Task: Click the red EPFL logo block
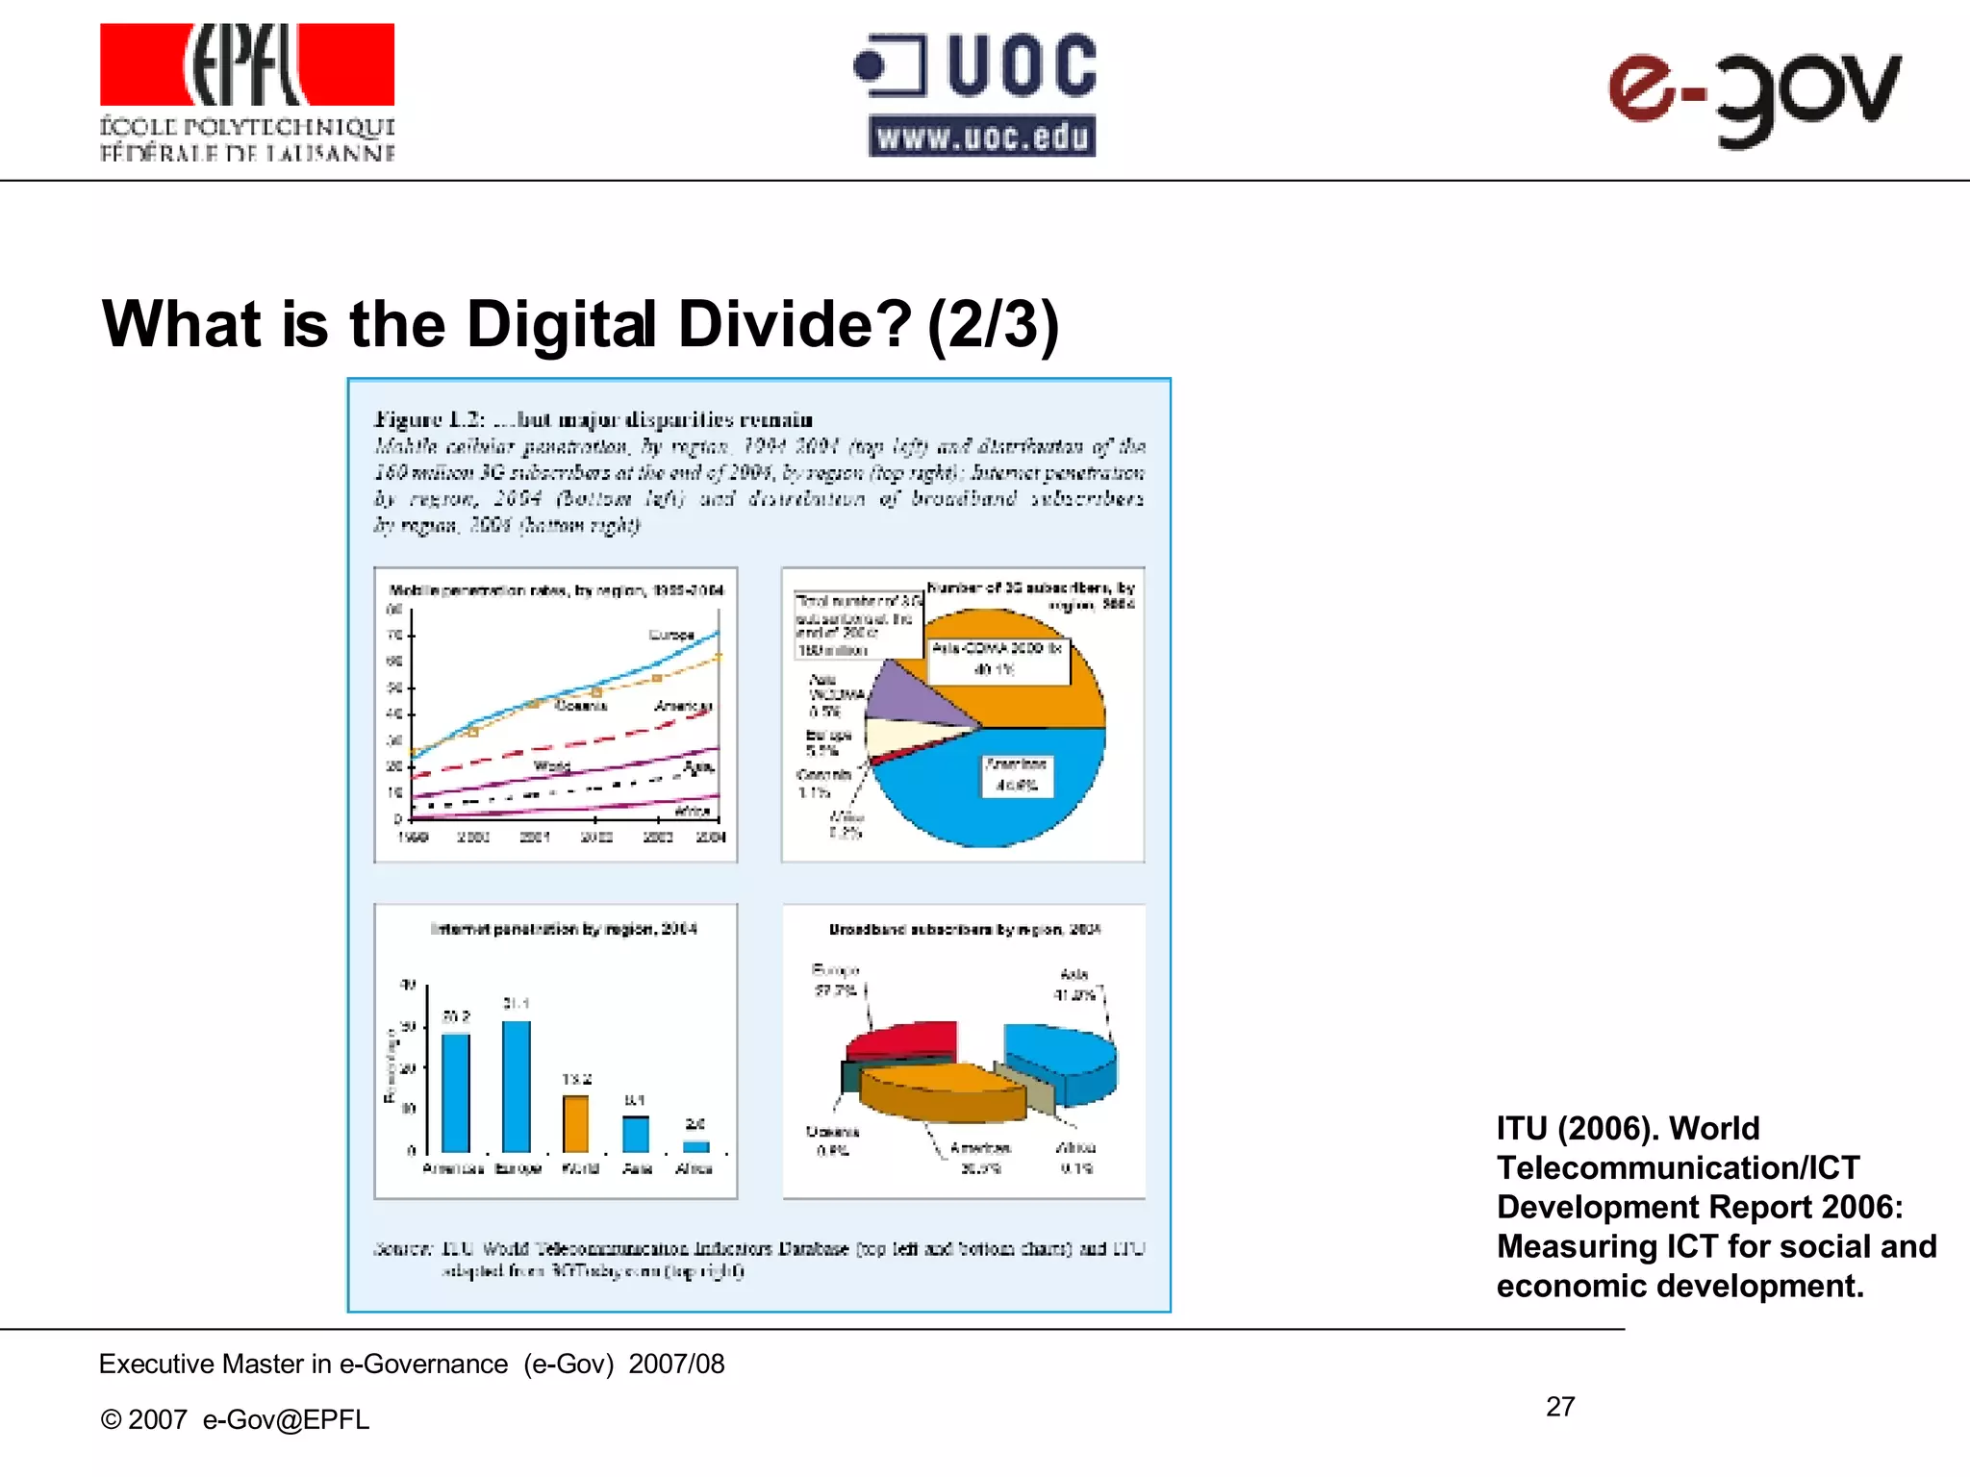point(247,64)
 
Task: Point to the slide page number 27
point(1560,1407)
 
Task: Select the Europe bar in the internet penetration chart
point(517,1086)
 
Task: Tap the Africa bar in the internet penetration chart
point(695,1146)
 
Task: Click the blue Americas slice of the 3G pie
point(991,789)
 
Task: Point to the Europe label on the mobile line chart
point(670,635)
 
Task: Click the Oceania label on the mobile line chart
point(581,706)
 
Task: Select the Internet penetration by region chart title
point(564,929)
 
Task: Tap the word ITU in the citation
point(1521,1128)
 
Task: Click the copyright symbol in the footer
point(111,1420)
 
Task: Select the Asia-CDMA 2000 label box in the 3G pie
point(998,659)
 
